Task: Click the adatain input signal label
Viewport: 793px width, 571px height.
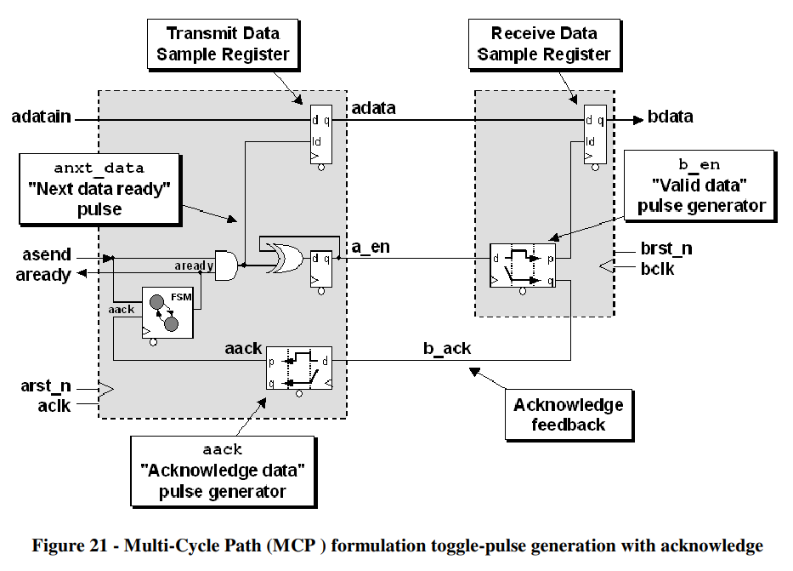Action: click(x=42, y=117)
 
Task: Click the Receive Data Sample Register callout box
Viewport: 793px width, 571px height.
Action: click(x=544, y=44)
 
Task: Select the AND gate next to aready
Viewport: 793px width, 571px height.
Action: click(x=226, y=265)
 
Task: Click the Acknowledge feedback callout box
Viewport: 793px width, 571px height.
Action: click(x=568, y=414)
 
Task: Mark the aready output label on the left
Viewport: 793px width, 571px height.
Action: click(x=43, y=274)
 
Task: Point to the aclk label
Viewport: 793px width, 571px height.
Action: click(x=52, y=405)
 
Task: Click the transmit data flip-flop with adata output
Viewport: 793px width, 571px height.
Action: click(x=320, y=138)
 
